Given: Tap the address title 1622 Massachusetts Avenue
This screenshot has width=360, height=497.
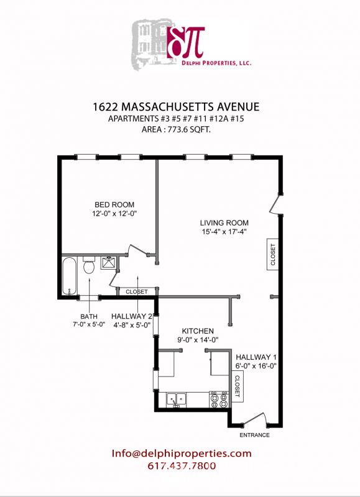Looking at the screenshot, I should [x=179, y=107].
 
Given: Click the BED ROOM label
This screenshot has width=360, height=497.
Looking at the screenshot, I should [x=114, y=204].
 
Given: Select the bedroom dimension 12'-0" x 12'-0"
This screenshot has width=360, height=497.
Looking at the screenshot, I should [x=114, y=214].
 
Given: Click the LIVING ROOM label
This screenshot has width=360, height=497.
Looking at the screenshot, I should [x=224, y=223].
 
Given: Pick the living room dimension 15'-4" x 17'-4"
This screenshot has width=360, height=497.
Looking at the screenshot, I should [x=224, y=232].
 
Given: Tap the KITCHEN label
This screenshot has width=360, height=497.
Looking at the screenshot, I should [x=198, y=331].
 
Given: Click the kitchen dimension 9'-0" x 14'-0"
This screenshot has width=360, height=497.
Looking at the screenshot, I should [x=198, y=340].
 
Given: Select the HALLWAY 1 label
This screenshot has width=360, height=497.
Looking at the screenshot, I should [x=256, y=357].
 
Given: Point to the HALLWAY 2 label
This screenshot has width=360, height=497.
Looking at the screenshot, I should [x=132, y=316].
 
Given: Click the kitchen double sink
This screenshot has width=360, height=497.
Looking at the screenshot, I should [x=176, y=399].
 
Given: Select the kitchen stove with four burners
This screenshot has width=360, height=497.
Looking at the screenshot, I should [x=219, y=399].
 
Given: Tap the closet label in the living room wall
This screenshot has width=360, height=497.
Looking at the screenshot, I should [x=272, y=253].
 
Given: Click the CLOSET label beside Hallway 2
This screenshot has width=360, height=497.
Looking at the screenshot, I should [x=136, y=291].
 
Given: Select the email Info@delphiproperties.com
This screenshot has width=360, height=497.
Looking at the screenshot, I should [x=182, y=454].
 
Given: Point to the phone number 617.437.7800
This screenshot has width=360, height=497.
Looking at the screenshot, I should [x=182, y=466].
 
